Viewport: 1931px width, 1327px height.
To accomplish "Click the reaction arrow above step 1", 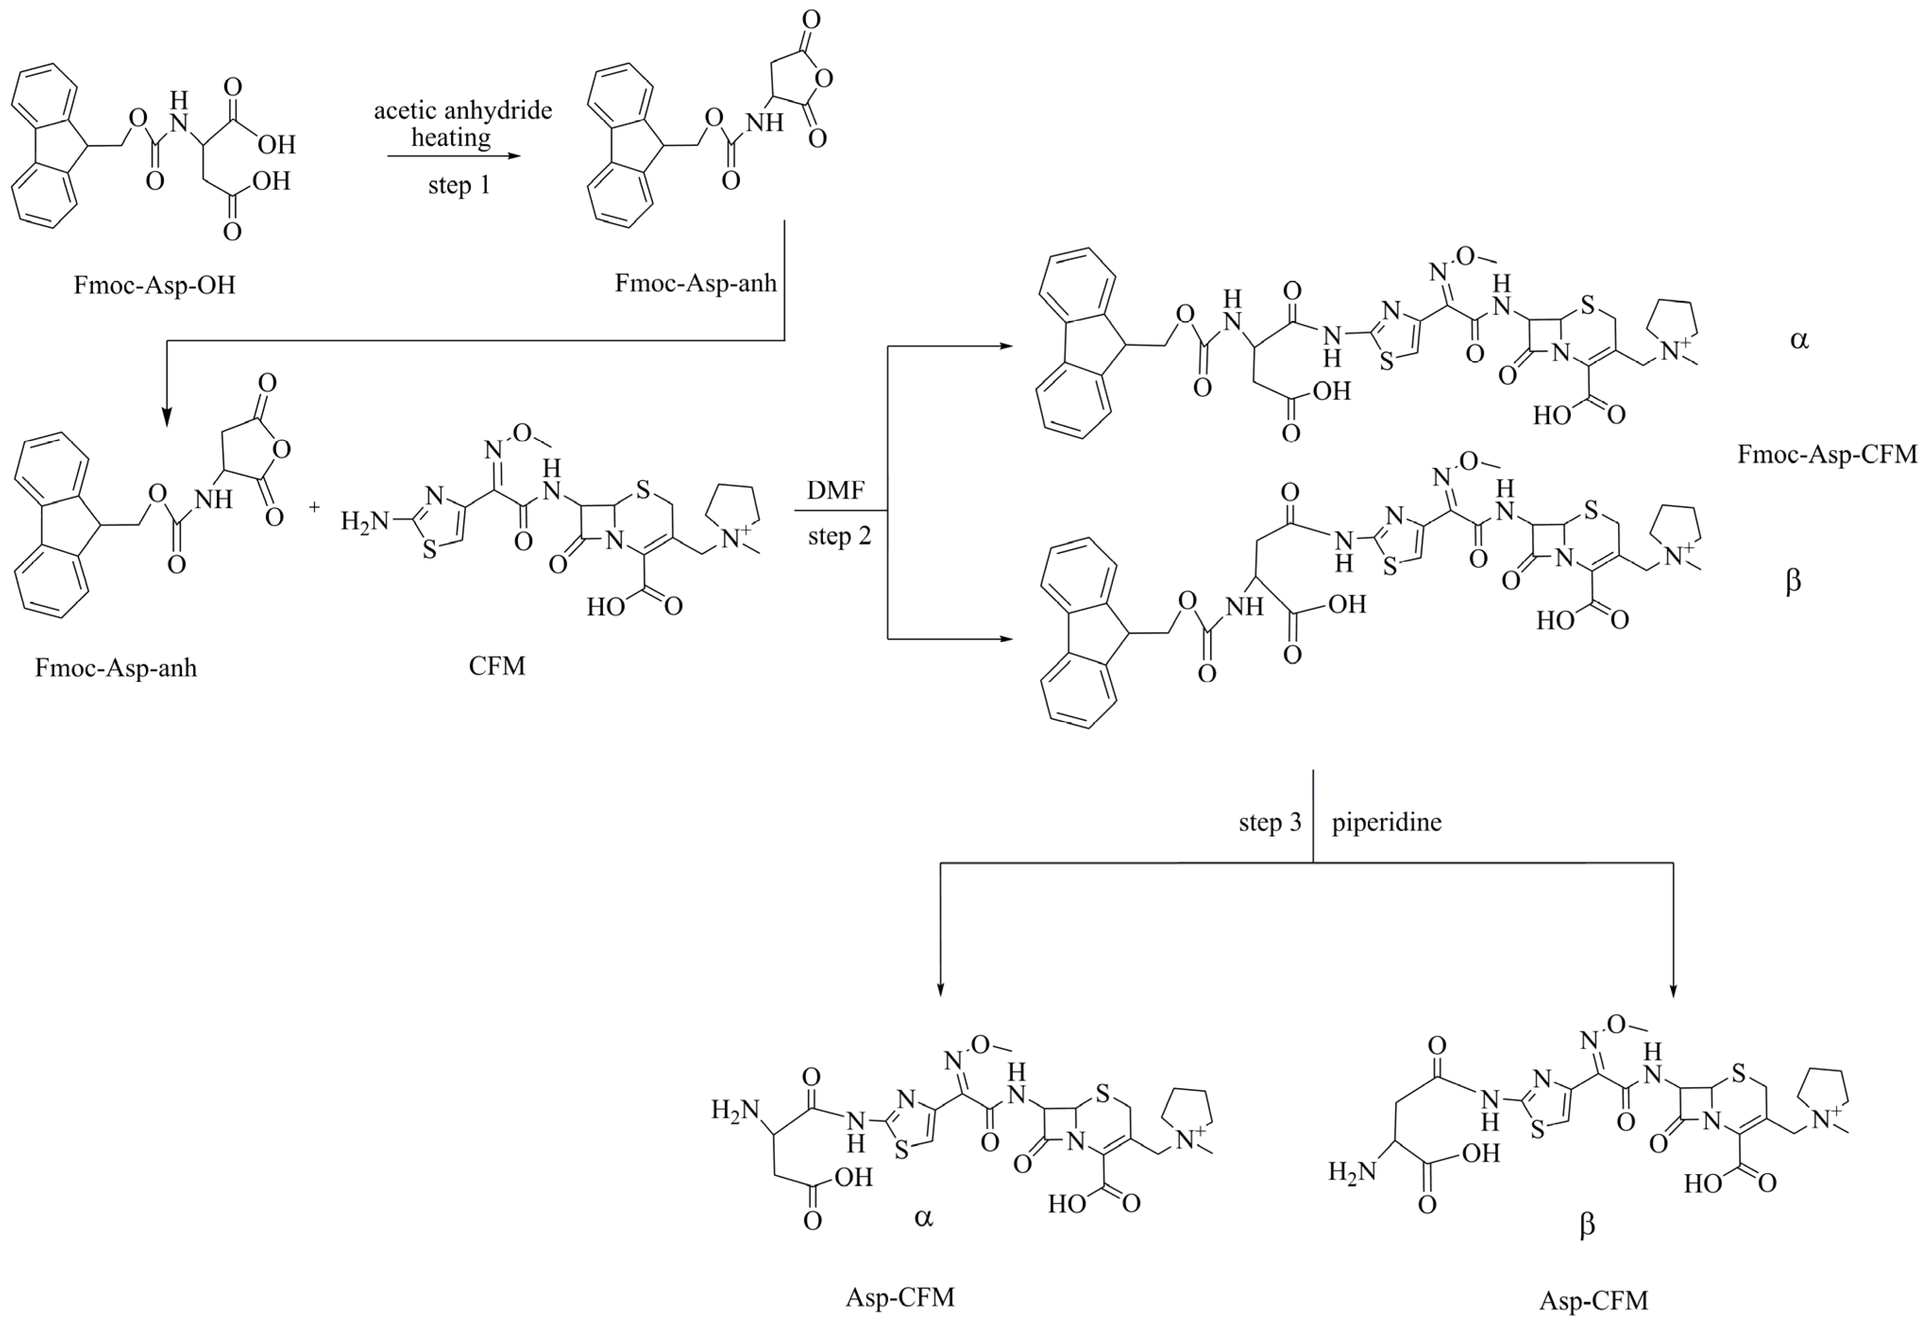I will tap(454, 155).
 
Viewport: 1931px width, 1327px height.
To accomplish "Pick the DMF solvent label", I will tap(836, 490).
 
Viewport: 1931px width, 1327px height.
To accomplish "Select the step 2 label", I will tap(839, 536).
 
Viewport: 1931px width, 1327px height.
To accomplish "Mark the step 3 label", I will tap(1270, 822).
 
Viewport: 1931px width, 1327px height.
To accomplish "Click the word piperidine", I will tap(1387, 822).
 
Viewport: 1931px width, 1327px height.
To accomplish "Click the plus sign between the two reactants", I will tap(315, 507).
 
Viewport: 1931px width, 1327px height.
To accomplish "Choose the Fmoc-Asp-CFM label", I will tap(1827, 454).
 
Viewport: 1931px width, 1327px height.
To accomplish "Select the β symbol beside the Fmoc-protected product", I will tap(1794, 580).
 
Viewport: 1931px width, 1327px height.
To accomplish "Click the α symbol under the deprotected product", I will tap(923, 1218).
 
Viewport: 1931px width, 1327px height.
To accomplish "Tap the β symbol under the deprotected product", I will tap(1587, 1226).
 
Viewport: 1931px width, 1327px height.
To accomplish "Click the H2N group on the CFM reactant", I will tap(364, 522).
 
